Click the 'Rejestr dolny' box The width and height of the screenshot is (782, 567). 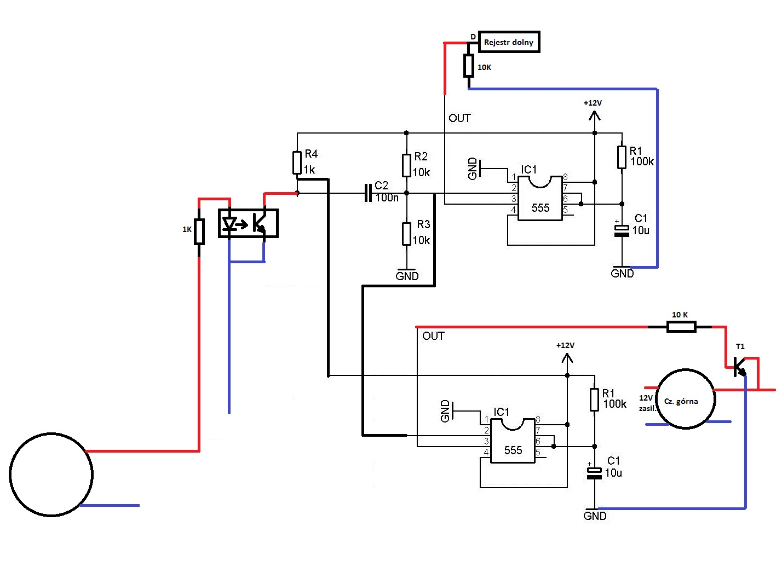tap(509, 42)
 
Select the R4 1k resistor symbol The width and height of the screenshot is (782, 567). tap(297, 163)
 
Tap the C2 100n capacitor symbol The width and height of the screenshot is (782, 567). tap(368, 193)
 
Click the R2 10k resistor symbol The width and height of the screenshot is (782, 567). tap(406, 165)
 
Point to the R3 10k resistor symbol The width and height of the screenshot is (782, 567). tap(406, 234)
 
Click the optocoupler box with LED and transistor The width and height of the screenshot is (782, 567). tap(248, 223)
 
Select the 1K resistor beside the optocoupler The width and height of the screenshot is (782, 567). tap(199, 231)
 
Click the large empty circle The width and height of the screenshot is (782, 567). tap(51, 475)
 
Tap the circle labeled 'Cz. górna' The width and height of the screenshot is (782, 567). tap(685, 398)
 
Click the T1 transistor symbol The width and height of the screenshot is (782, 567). tap(740, 366)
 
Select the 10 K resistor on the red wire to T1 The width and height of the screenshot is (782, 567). tap(681, 327)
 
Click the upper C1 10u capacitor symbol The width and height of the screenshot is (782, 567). tap(622, 230)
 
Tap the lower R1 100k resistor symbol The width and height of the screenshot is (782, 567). tap(594, 400)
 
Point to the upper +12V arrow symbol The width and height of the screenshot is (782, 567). tap(594, 115)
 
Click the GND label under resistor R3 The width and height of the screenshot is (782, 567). tap(407, 276)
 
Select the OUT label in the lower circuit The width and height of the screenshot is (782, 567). tap(433, 336)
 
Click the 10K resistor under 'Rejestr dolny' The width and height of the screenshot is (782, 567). tap(469, 66)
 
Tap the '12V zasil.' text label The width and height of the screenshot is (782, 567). tap(647, 403)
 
